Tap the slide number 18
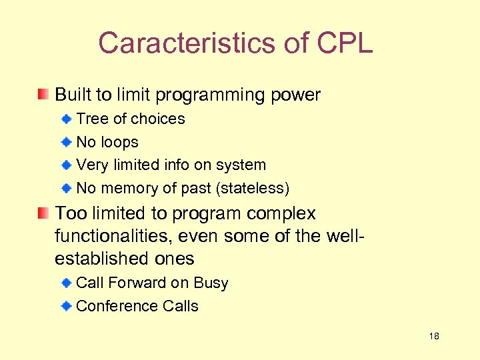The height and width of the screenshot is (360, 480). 434,337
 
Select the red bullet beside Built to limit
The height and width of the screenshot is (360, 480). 43,94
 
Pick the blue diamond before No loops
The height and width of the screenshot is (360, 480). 67,142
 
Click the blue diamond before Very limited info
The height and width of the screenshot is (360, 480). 67,165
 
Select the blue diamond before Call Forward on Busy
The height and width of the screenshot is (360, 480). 67,283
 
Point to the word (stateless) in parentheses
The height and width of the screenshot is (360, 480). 253,189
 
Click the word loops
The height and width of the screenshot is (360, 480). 119,142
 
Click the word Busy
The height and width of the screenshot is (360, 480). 211,283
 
